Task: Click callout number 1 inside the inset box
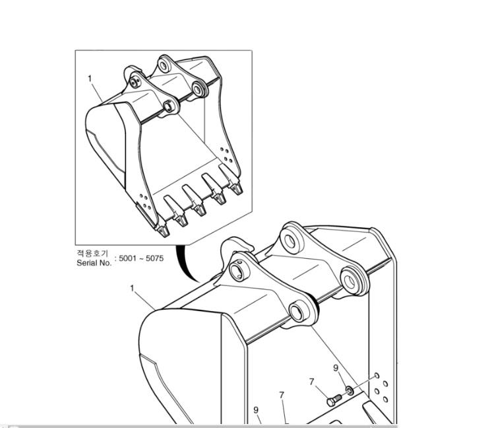90,78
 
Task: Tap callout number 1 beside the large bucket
132,288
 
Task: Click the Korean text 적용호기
92,253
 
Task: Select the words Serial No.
94,263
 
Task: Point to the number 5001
128,258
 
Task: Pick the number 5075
155,258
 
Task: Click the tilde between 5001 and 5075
141,259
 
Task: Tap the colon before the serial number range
115,259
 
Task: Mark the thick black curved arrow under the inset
185,264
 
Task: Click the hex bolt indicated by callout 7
334,400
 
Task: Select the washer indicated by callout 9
350,390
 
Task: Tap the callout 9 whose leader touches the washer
336,368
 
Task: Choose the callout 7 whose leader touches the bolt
311,382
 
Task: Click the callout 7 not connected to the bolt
282,395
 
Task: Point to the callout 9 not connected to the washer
256,410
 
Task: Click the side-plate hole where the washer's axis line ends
377,376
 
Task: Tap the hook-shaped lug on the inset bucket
132,71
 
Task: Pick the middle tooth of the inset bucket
194,199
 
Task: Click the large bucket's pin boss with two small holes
239,269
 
